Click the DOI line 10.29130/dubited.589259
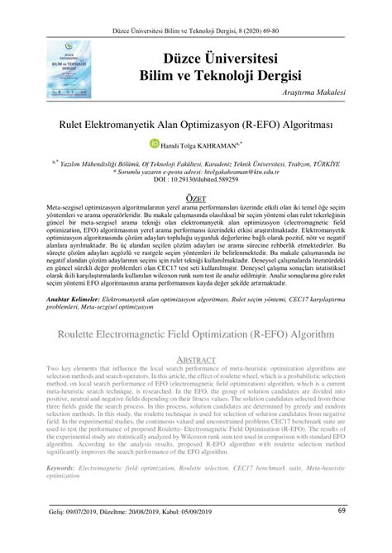tap(196, 179)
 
